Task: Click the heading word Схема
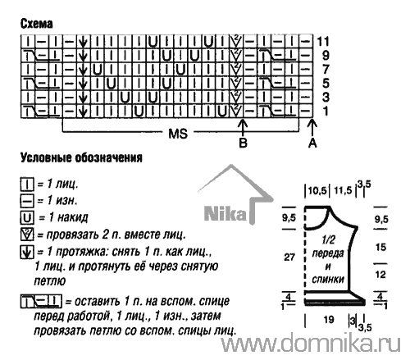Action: click(x=36, y=24)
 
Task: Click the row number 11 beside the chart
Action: click(x=323, y=42)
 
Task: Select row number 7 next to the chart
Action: click(x=326, y=70)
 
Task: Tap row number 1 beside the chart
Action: click(x=326, y=111)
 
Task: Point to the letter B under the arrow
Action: click(x=244, y=143)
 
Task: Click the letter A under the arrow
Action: click(x=312, y=143)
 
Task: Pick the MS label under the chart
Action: click(x=178, y=134)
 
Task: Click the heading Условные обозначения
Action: click(x=81, y=157)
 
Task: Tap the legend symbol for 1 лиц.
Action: click(x=27, y=185)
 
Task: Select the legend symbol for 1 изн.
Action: click(x=27, y=201)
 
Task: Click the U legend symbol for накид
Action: click(x=27, y=218)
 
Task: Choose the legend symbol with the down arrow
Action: click(x=27, y=252)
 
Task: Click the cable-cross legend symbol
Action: click(x=41, y=301)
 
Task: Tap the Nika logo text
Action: click(x=225, y=213)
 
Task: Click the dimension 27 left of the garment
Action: click(x=289, y=257)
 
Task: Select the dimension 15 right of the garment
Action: click(x=380, y=247)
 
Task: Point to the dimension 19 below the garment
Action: click(x=329, y=319)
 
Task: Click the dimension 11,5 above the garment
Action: click(x=343, y=190)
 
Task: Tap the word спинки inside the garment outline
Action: click(x=328, y=279)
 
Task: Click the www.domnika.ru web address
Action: click(x=311, y=343)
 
